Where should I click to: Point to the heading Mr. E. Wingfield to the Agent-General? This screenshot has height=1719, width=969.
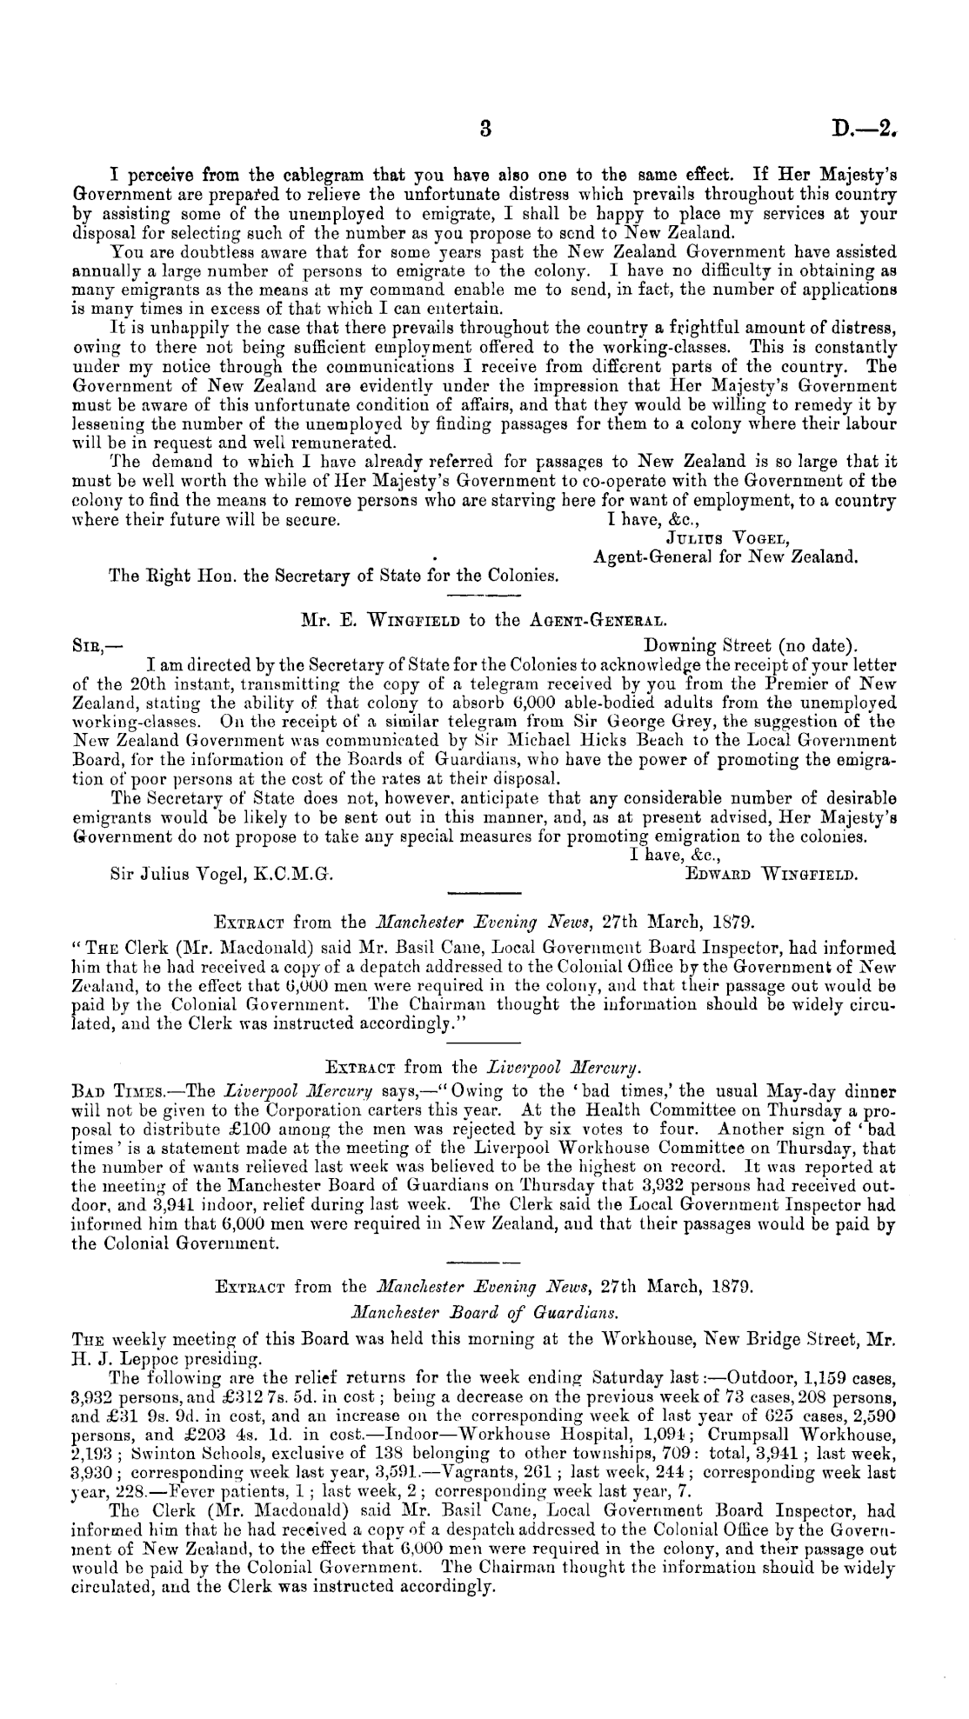(484, 620)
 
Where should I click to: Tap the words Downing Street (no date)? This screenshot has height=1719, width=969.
(752, 645)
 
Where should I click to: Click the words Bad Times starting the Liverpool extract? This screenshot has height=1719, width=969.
(115, 1091)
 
